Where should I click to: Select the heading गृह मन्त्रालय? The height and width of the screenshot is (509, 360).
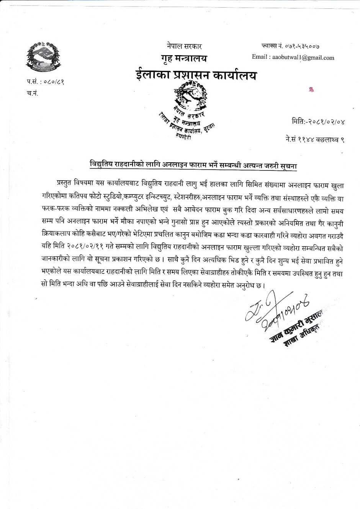(x=183, y=59)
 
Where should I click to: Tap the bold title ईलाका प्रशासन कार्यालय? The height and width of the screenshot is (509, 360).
(x=196, y=75)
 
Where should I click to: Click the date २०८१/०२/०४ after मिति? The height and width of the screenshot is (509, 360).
(x=326, y=122)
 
